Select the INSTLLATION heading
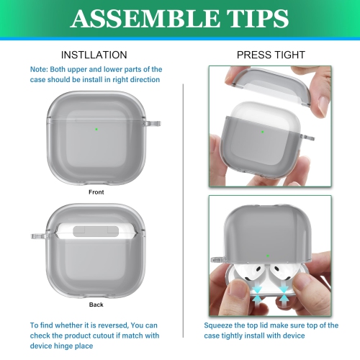[x=94, y=55]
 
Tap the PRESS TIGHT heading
[x=271, y=55]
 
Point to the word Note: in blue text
[x=40, y=69]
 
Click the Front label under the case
[x=96, y=192]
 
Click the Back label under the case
[x=96, y=305]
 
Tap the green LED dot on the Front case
[x=96, y=130]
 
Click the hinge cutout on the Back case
[x=96, y=232]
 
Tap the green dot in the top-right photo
[x=262, y=132]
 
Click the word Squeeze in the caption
[x=221, y=325]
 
